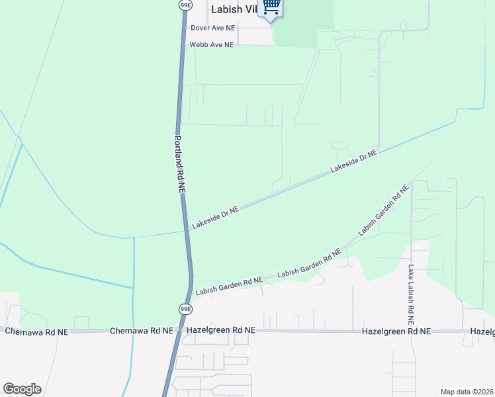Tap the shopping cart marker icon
click(x=271, y=7)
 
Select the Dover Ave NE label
click(x=212, y=28)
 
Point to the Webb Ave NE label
click(x=212, y=45)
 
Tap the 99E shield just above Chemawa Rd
click(x=185, y=309)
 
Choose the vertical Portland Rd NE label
click(x=181, y=164)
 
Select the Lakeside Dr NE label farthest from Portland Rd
click(x=353, y=161)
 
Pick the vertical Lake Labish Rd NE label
click(x=411, y=289)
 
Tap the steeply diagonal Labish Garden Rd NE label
click(x=383, y=210)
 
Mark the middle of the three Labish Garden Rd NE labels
click(x=308, y=263)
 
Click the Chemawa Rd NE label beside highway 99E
click(x=141, y=330)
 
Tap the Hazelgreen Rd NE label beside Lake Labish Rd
click(x=396, y=331)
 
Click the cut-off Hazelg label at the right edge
click(x=482, y=331)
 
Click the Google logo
click(x=22, y=389)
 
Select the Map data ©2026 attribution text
click(x=467, y=392)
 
